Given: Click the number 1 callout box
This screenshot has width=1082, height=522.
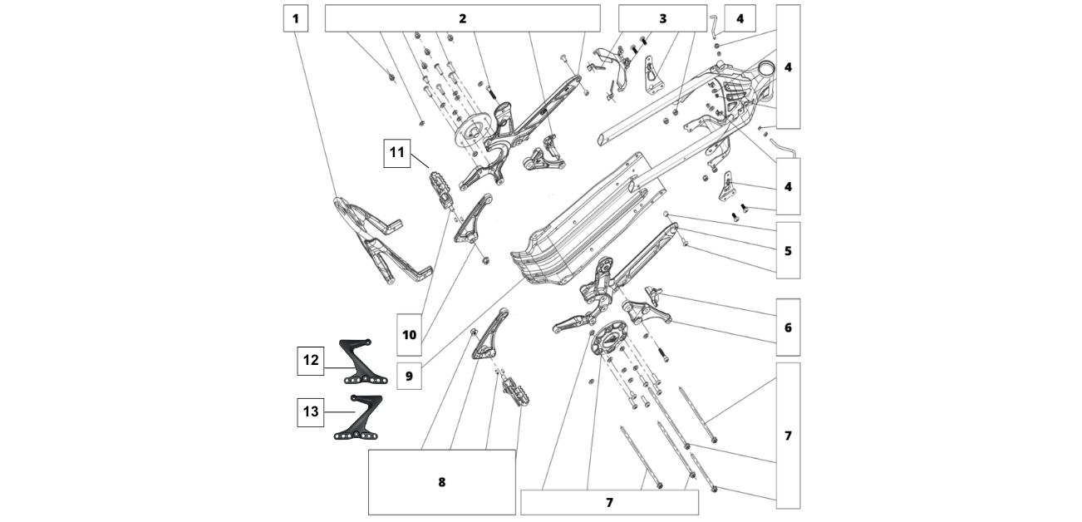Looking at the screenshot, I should coord(295,18).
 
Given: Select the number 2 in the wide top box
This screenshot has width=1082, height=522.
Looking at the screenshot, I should coord(462,18).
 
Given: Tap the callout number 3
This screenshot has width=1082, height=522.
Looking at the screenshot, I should coord(662,18).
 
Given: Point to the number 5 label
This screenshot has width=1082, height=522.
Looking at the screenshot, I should coord(788,249).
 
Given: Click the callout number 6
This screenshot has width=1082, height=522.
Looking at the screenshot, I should coord(788,327).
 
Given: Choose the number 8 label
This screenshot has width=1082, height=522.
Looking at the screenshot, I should coord(441,482).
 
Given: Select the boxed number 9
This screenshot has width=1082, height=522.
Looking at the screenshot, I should coord(409,376).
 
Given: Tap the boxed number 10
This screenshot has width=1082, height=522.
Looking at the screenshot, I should coord(409,335).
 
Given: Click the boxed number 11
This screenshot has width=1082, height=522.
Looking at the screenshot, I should coord(397,153).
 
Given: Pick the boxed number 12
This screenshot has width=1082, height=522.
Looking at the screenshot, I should coord(311,360).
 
